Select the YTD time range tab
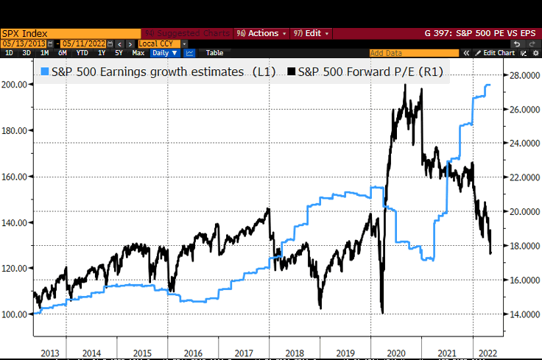point(82,53)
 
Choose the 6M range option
point(63,53)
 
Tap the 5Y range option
point(119,53)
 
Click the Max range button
point(138,53)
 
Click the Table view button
point(214,53)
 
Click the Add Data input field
point(412,53)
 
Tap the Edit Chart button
point(498,53)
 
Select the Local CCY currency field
point(161,43)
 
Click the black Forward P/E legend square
point(291,72)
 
